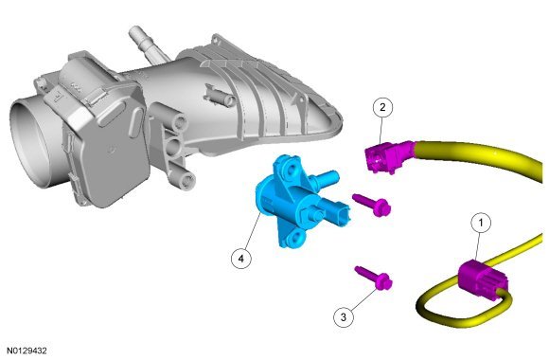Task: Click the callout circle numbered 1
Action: pyautogui.click(x=481, y=223)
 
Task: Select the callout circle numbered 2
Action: pyautogui.click(x=382, y=107)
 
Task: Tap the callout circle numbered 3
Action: pyautogui.click(x=343, y=316)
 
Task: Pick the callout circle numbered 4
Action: pyautogui.click(x=240, y=259)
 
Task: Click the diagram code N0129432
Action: pyautogui.click(x=27, y=351)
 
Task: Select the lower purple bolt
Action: pyautogui.click(x=374, y=278)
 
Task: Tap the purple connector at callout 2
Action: pyautogui.click(x=388, y=157)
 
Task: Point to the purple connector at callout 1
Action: pyautogui.click(x=483, y=279)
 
